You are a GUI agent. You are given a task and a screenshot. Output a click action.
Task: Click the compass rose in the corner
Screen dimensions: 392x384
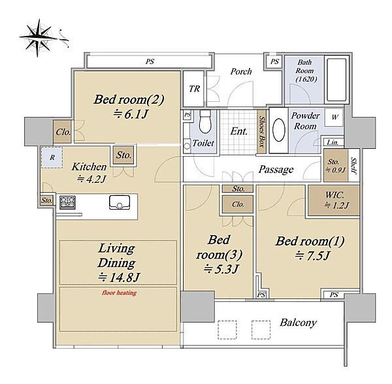(39, 38)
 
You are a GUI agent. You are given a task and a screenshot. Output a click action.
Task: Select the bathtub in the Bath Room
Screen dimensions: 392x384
(336, 80)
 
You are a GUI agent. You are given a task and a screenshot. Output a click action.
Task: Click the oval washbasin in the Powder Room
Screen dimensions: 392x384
(279, 131)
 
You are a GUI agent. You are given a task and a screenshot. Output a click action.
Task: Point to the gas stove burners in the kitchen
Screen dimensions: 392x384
(67, 202)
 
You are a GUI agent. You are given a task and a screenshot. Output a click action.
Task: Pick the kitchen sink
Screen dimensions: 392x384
(120, 202)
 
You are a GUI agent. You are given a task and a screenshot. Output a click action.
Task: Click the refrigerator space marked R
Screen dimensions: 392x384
(52, 157)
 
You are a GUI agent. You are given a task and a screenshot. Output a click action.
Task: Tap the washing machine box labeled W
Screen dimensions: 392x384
(335, 117)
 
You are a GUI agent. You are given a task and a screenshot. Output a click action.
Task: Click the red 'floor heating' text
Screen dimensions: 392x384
(120, 293)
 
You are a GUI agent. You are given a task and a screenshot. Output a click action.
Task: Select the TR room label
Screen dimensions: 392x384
(194, 89)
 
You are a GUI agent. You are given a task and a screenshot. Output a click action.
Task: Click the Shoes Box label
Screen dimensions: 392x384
(261, 131)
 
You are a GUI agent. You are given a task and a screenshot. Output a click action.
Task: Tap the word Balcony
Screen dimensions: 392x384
(299, 323)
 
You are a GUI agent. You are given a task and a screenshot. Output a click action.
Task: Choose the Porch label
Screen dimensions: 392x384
(241, 71)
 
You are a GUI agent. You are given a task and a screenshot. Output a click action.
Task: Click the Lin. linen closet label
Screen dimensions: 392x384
(333, 142)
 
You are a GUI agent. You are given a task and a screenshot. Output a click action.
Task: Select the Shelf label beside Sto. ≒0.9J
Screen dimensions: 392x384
(353, 165)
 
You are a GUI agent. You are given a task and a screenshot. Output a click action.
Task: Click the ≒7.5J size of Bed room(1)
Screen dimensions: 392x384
(312, 256)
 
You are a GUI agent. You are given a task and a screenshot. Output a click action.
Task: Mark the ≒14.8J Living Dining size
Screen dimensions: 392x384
(120, 277)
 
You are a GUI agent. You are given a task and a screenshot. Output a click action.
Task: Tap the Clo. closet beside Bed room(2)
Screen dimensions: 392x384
(63, 132)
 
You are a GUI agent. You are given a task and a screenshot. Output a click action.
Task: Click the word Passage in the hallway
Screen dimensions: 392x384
(276, 169)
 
